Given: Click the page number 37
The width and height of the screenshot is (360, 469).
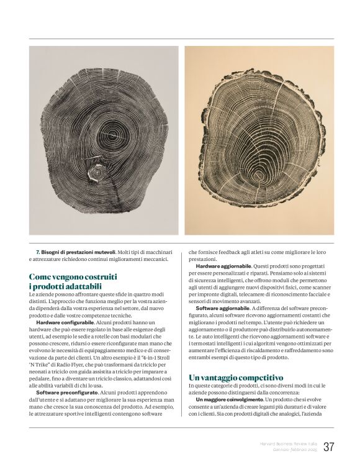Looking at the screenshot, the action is coord(328,447).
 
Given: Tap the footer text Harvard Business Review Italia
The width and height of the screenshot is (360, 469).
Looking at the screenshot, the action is coord(287,444).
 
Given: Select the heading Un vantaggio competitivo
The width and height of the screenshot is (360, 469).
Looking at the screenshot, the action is coord(236,377).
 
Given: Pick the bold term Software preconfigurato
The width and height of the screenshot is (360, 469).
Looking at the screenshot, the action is coord(66,393).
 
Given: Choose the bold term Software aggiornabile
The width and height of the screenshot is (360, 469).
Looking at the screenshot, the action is coord(222,308).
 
